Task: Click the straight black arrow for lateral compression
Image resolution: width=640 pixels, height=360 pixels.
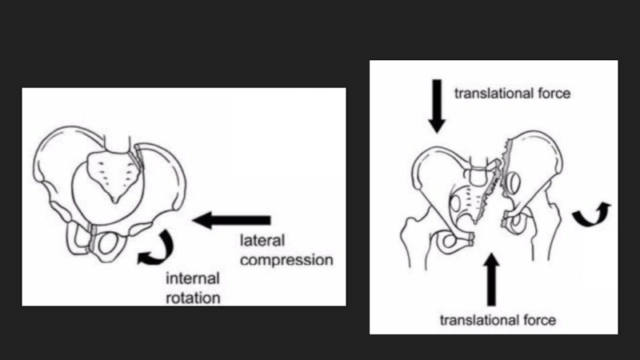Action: pos(232,220)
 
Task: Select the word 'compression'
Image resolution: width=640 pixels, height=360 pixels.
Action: pos(286,260)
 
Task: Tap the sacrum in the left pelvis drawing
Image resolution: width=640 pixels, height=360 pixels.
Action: pos(111,173)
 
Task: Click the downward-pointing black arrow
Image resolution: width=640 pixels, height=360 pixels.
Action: pos(437,104)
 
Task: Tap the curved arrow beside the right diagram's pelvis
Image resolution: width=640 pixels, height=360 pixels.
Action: pos(593,214)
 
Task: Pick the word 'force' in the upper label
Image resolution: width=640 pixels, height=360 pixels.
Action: pos(553,93)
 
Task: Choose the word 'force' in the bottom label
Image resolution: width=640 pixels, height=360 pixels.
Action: pos(538,320)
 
